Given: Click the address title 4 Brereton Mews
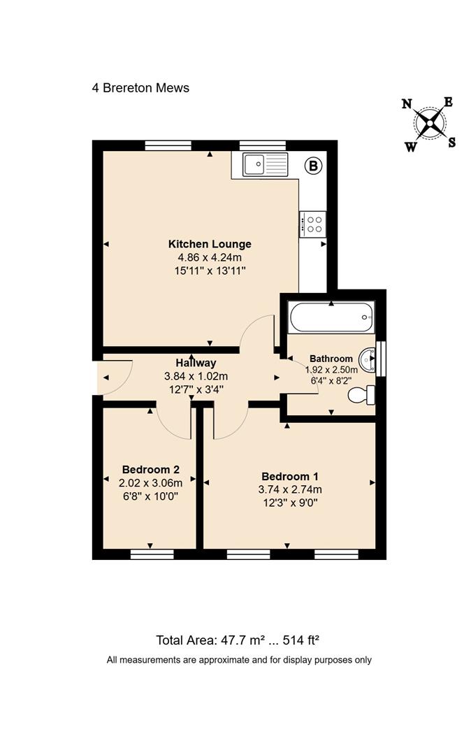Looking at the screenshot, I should click(x=140, y=88).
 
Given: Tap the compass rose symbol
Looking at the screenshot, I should click(x=429, y=124).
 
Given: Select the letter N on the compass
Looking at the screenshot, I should click(x=407, y=104).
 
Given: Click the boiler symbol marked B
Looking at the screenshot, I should click(x=314, y=166).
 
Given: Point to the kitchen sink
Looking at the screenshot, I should click(x=265, y=165).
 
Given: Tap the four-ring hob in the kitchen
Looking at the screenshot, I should click(x=313, y=224).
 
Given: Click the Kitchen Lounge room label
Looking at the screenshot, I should click(x=210, y=244).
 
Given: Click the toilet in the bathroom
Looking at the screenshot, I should click(x=362, y=396).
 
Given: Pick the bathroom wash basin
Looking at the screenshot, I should click(x=368, y=360).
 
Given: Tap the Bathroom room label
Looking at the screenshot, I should click(x=331, y=359).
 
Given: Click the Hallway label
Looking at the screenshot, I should click(x=196, y=363).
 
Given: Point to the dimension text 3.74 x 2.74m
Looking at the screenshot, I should click(x=289, y=489).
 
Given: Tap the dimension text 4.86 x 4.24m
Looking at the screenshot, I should click(x=210, y=257).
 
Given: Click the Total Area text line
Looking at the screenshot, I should click(x=238, y=640).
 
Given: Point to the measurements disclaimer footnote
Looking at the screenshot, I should click(x=239, y=659).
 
